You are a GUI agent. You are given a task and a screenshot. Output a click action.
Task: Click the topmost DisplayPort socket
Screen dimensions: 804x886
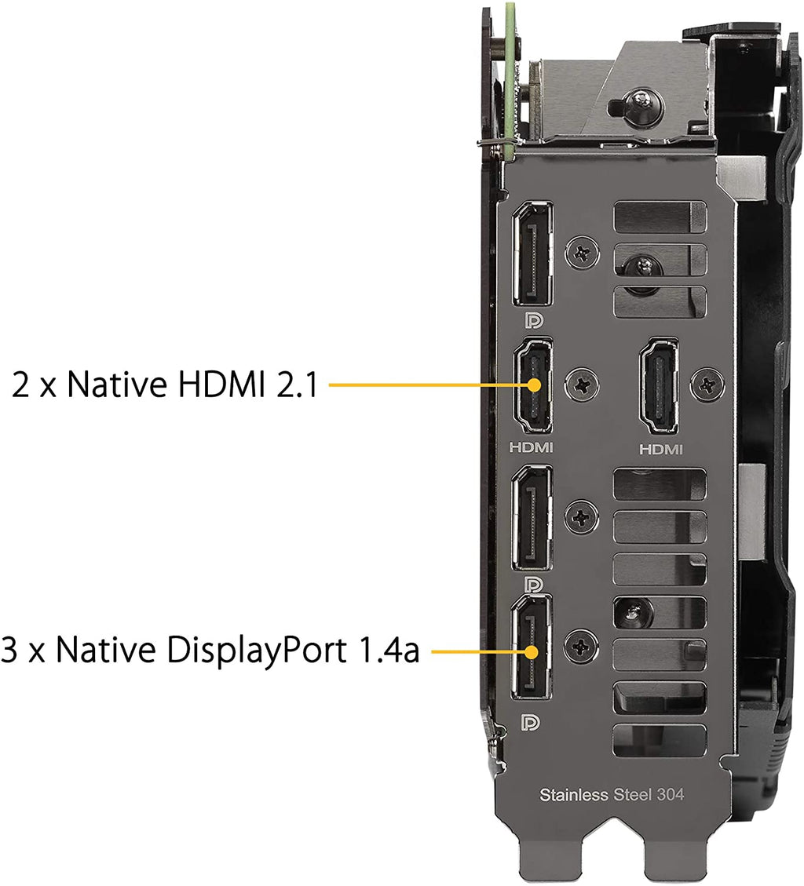point(532,254)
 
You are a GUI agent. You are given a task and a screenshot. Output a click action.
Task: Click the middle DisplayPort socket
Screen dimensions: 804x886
point(532,518)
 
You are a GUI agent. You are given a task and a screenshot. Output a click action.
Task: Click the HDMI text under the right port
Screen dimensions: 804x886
point(661,450)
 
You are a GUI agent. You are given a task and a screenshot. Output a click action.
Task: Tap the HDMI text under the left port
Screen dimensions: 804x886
point(531,447)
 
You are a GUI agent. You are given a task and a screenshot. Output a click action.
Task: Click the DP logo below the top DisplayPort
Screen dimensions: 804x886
point(533,321)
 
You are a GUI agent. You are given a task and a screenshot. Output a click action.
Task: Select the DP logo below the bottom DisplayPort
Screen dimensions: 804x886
point(530,723)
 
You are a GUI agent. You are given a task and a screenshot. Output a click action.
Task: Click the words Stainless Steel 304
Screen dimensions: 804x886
point(612,795)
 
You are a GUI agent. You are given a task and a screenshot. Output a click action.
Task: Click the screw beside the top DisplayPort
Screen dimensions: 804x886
point(583,252)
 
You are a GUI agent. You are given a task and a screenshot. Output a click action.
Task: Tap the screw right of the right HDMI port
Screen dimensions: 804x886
point(708,385)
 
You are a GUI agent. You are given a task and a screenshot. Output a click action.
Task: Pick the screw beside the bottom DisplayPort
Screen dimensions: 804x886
point(581,647)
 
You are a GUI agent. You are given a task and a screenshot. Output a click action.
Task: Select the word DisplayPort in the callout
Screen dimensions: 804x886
point(257,651)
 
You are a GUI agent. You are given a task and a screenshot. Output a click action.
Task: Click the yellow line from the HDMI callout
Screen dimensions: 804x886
point(431,385)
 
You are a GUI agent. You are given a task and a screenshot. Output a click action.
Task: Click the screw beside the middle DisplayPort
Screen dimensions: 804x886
point(582,516)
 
